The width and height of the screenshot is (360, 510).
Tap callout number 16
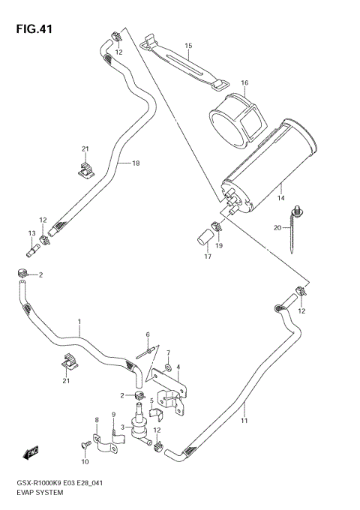point(244,82)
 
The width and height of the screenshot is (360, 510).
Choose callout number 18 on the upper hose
point(136,163)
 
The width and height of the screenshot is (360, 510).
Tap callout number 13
point(32,233)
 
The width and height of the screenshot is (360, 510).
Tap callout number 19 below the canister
point(220,245)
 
